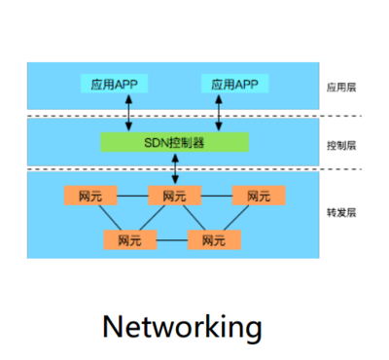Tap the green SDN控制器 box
click(174, 142)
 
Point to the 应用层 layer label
click(341, 88)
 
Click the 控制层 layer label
click(341, 146)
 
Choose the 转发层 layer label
click(341, 212)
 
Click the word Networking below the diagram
click(182, 325)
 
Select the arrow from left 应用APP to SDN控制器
click(130, 113)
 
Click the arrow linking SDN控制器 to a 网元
click(175, 168)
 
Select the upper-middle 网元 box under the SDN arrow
click(175, 196)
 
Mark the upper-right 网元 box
click(259, 196)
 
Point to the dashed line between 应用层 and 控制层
click(194, 117)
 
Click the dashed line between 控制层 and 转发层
click(194, 169)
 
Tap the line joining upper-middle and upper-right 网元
click(217, 196)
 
